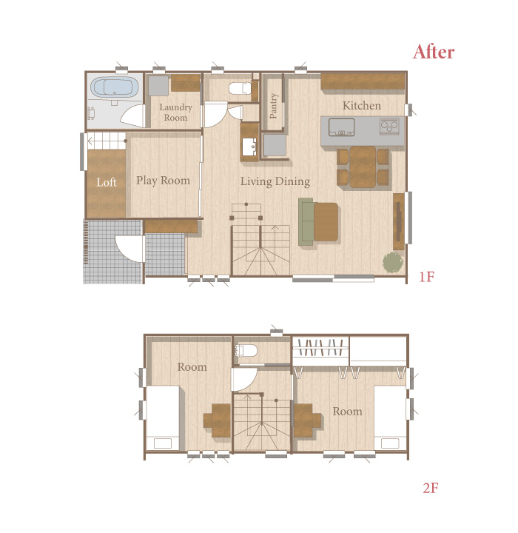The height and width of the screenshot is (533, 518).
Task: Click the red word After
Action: [434, 53]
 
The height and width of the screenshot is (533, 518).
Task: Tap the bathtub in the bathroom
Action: [115, 87]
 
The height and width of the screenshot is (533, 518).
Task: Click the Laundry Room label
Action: [175, 113]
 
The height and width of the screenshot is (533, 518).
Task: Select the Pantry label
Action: [273, 106]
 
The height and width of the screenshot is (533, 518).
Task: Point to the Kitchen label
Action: [362, 106]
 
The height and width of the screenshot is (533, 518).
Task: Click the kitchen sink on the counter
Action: [341, 127]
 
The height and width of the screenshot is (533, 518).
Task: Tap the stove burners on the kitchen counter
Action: [389, 126]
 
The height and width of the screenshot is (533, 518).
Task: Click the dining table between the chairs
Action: [363, 167]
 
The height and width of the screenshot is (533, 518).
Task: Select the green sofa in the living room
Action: [306, 221]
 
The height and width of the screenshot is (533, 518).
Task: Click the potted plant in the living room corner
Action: [393, 262]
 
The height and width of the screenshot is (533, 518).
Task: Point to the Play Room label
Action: [163, 181]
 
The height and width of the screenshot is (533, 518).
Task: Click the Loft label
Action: [107, 183]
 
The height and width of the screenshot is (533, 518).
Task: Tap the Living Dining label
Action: [275, 181]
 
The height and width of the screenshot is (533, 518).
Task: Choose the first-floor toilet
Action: [240, 88]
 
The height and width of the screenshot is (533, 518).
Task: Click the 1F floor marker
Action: [426, 277]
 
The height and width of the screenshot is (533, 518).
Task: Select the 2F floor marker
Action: [431, 488]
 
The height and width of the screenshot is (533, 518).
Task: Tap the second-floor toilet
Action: [246, 350]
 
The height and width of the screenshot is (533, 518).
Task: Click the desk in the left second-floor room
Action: [217, 420]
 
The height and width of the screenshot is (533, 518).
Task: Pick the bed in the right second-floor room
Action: [390, 418]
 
